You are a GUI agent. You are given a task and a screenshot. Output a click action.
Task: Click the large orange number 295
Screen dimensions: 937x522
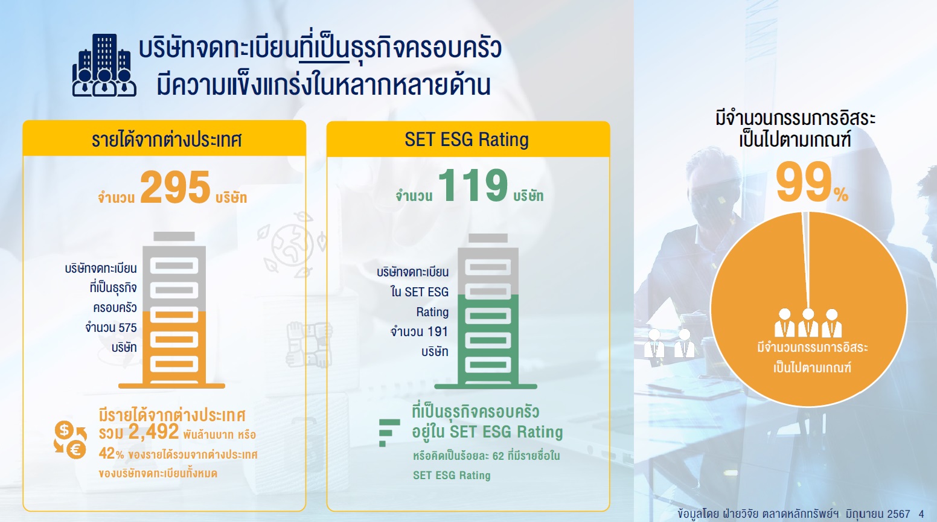click(x=175, y=187)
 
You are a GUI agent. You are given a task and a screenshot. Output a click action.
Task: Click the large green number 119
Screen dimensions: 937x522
click(x=473, y=185)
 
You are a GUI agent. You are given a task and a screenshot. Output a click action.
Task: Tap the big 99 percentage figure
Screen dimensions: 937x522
click(x=804, y=182)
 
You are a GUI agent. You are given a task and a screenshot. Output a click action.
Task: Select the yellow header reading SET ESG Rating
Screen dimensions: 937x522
click(x=468, y=139)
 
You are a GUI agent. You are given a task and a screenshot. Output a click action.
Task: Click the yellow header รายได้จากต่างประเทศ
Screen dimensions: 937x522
click(x=164, y=138)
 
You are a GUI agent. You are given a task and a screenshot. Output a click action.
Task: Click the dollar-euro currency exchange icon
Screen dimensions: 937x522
click(x=70, y=440)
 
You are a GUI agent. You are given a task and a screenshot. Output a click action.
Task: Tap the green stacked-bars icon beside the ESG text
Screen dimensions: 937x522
click(x=389, y=433)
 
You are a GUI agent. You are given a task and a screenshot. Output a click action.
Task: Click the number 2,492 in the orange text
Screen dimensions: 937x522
click(x=153, y=431)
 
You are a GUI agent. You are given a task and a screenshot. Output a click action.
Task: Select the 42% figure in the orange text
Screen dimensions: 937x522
click(x=111, y=453)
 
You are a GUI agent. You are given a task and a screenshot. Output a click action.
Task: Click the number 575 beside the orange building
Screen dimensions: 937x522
click(x=127, y=328)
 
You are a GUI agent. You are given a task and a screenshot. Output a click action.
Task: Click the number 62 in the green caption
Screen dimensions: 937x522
click(x=498, y=456)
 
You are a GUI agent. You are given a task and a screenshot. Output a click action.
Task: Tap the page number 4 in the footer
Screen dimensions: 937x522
click(x=921, y=514)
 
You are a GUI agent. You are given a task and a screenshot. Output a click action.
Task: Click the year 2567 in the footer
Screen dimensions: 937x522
click(x=898, y=514)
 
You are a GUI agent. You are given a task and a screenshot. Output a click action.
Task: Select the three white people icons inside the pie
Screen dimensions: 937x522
click(x=808, y=323)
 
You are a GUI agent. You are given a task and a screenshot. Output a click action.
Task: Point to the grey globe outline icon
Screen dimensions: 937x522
click(x=292, y=244)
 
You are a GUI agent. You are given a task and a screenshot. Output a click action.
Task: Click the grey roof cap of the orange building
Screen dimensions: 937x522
click(x=174, y=237)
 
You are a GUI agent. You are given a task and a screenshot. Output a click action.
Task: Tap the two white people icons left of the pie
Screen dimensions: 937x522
click(x=670, y=343)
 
